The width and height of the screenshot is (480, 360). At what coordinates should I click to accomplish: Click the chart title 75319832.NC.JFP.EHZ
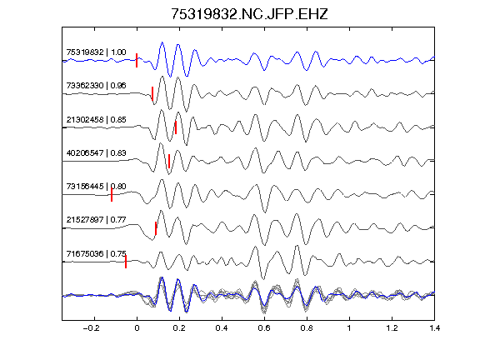(x=249, y=14)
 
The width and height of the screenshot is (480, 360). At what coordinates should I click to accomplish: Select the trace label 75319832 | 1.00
(x=96, y=52)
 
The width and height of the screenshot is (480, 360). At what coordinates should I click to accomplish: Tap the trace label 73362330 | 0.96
(x=96, y=85)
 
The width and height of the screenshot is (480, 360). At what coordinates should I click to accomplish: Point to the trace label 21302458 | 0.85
(x=96, y=119)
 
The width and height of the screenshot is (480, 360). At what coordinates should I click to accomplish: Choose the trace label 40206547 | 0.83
(x=96, y=152)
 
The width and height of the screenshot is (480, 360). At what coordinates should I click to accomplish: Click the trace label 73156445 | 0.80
(x=96, y=186)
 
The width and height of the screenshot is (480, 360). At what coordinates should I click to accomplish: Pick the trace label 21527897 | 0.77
(x=96, y=219)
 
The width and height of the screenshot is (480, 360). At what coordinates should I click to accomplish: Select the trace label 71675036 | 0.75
(x=96, y=254)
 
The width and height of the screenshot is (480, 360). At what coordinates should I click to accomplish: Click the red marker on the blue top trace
(x=137, y=60)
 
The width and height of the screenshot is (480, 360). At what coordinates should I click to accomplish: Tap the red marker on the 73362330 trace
(x=152, y=93)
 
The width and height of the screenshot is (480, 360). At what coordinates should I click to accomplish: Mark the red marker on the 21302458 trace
(x=176, y=127)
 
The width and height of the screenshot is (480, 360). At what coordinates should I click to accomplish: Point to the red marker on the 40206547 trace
(x=169, y=161)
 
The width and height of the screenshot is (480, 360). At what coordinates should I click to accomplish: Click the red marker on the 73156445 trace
(x=112, y=195)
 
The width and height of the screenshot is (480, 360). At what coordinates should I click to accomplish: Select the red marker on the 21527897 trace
(x=156, y=228)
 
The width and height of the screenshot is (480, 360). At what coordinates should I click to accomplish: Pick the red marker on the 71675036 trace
(x=126, y=262)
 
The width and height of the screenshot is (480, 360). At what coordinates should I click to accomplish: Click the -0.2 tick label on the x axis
(x=92, y=328)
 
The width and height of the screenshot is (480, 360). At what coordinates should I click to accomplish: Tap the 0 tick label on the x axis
(x=137, y=328)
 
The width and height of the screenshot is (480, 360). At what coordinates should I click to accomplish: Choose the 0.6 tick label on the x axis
(x=264, y=328)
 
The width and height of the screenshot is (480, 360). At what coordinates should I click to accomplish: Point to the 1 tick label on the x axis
(x=349, y=328)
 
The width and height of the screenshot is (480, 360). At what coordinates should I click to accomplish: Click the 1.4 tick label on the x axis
(x=434, y=328)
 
